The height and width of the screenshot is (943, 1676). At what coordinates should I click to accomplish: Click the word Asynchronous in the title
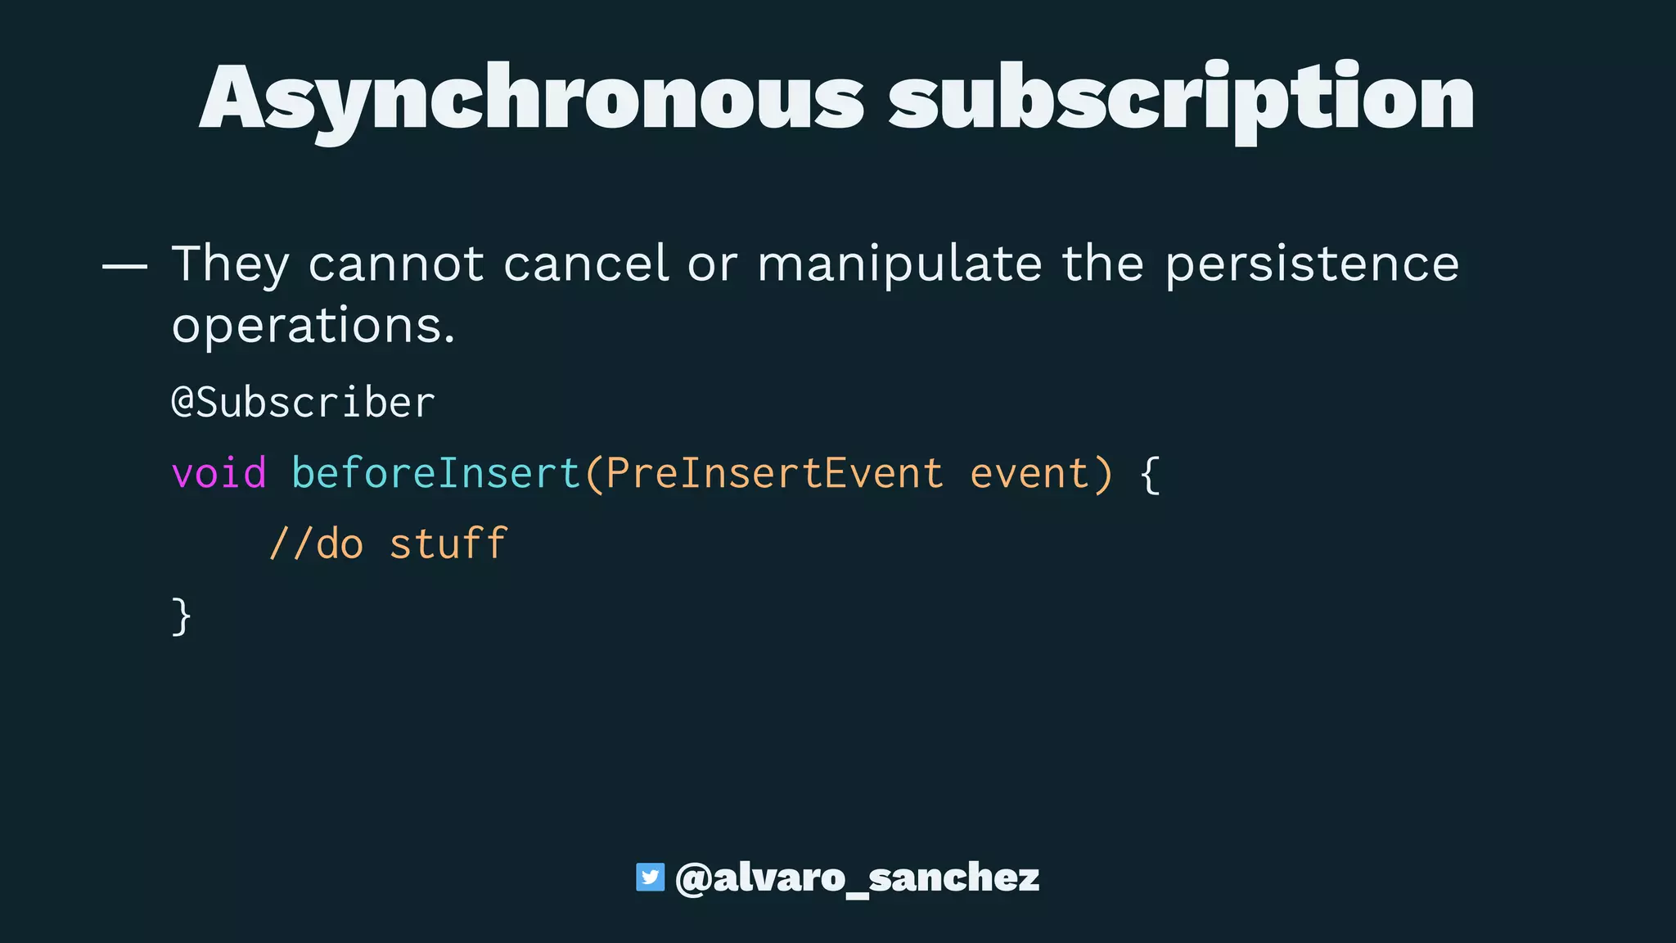532,98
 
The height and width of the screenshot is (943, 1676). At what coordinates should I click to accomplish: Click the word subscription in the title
1181,98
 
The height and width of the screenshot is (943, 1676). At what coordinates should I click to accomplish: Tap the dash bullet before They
124,266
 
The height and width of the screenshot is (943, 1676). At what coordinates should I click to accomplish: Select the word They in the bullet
230,264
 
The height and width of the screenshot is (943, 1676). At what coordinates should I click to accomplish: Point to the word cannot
396,264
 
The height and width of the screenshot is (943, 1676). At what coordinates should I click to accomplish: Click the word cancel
586,264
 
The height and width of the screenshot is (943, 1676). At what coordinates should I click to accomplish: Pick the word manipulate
899,264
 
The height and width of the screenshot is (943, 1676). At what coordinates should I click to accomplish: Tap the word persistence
1312,264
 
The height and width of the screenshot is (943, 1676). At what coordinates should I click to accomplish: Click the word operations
313,326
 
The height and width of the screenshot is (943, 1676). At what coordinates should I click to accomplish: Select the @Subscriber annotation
303,403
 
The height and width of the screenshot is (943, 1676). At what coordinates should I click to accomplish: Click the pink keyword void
219,473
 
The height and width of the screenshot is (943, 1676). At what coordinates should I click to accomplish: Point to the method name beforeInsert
435,473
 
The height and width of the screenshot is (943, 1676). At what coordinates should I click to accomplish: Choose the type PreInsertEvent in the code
774,473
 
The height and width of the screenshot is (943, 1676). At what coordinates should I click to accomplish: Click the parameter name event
1029,473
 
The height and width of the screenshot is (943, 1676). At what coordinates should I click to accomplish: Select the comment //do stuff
388,544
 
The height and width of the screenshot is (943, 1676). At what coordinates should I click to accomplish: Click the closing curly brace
182,616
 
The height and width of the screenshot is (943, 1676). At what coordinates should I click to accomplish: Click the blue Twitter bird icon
650,877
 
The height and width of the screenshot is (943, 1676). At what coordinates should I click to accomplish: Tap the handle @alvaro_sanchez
857,878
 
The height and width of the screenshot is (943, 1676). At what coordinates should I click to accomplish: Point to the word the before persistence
1102,264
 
